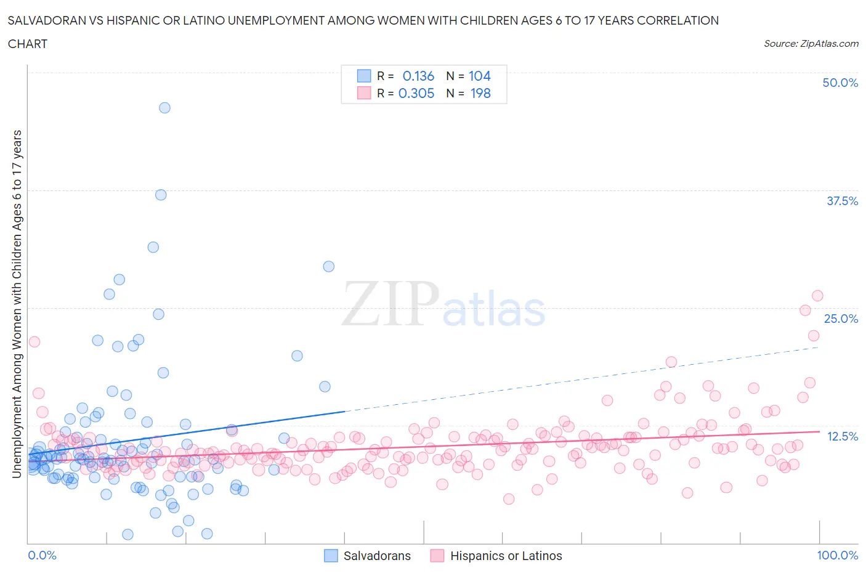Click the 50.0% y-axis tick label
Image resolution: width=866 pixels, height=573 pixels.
click(x=840, y=83)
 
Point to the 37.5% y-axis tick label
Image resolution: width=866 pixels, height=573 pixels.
click(x=841, y=201)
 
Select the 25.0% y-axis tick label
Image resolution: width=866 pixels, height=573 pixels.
click(x=840, y=319)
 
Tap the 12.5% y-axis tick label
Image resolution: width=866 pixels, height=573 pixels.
click(x=841, y=436)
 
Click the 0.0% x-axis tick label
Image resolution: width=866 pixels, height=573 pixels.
click(x=42, y=555)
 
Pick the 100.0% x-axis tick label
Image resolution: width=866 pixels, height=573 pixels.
click(x=837, y=555)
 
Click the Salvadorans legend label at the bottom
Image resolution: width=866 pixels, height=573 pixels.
click(x=376, y=556)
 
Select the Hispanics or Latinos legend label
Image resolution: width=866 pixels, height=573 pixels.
click(x=506, y=556)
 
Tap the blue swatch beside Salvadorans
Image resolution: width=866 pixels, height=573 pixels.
click(x=331, y=556)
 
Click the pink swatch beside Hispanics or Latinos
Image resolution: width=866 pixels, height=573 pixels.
click(x=437, y=556)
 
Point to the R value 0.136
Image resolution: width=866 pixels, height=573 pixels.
click(x=418, y=76)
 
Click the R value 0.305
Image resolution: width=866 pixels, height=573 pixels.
click(x=416, y=93)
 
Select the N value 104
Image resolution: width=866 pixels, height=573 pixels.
click(x=479, y=76)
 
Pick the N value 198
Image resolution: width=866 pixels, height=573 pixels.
click(x=480, y=93)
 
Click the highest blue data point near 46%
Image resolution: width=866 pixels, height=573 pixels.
click(x=164, y=108)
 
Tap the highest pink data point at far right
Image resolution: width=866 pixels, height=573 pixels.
click(x=817, y=296)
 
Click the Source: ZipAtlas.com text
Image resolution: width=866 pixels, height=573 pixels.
click(x=811, y=44)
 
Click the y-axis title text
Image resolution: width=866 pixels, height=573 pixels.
click(x=17, y=304)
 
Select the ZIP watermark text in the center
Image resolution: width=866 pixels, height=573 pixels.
click(x=390, y=304)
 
